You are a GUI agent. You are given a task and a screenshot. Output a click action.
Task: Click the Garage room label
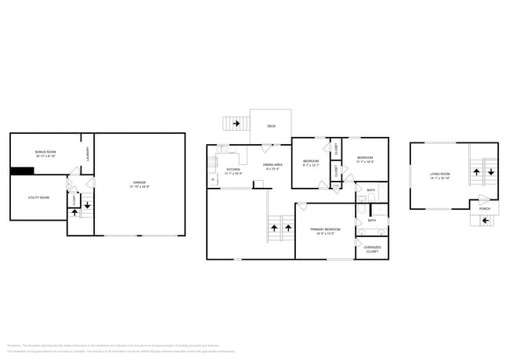(x=140, y=185)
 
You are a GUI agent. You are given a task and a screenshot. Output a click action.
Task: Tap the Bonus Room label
(x=45, y=153)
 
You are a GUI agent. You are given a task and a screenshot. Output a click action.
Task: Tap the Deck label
(x=271, y=126)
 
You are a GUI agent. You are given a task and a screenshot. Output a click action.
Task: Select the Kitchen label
(x=233, y=171)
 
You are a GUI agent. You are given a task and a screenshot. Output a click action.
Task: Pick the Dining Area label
(x=273, y=167)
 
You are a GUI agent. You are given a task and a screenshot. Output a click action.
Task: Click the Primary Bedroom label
(x=327, y=231)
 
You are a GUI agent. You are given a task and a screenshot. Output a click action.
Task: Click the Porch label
(x=485, y=209)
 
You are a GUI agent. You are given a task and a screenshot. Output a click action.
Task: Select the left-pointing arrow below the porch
(x=485, y=221)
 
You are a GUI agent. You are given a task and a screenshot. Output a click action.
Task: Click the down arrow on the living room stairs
(x=490, y=166)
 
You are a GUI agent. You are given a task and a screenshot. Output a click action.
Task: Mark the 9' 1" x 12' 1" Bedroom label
(x=311, y=163)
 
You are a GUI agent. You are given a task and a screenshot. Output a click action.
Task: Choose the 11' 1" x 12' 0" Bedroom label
(x=365, y=160)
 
